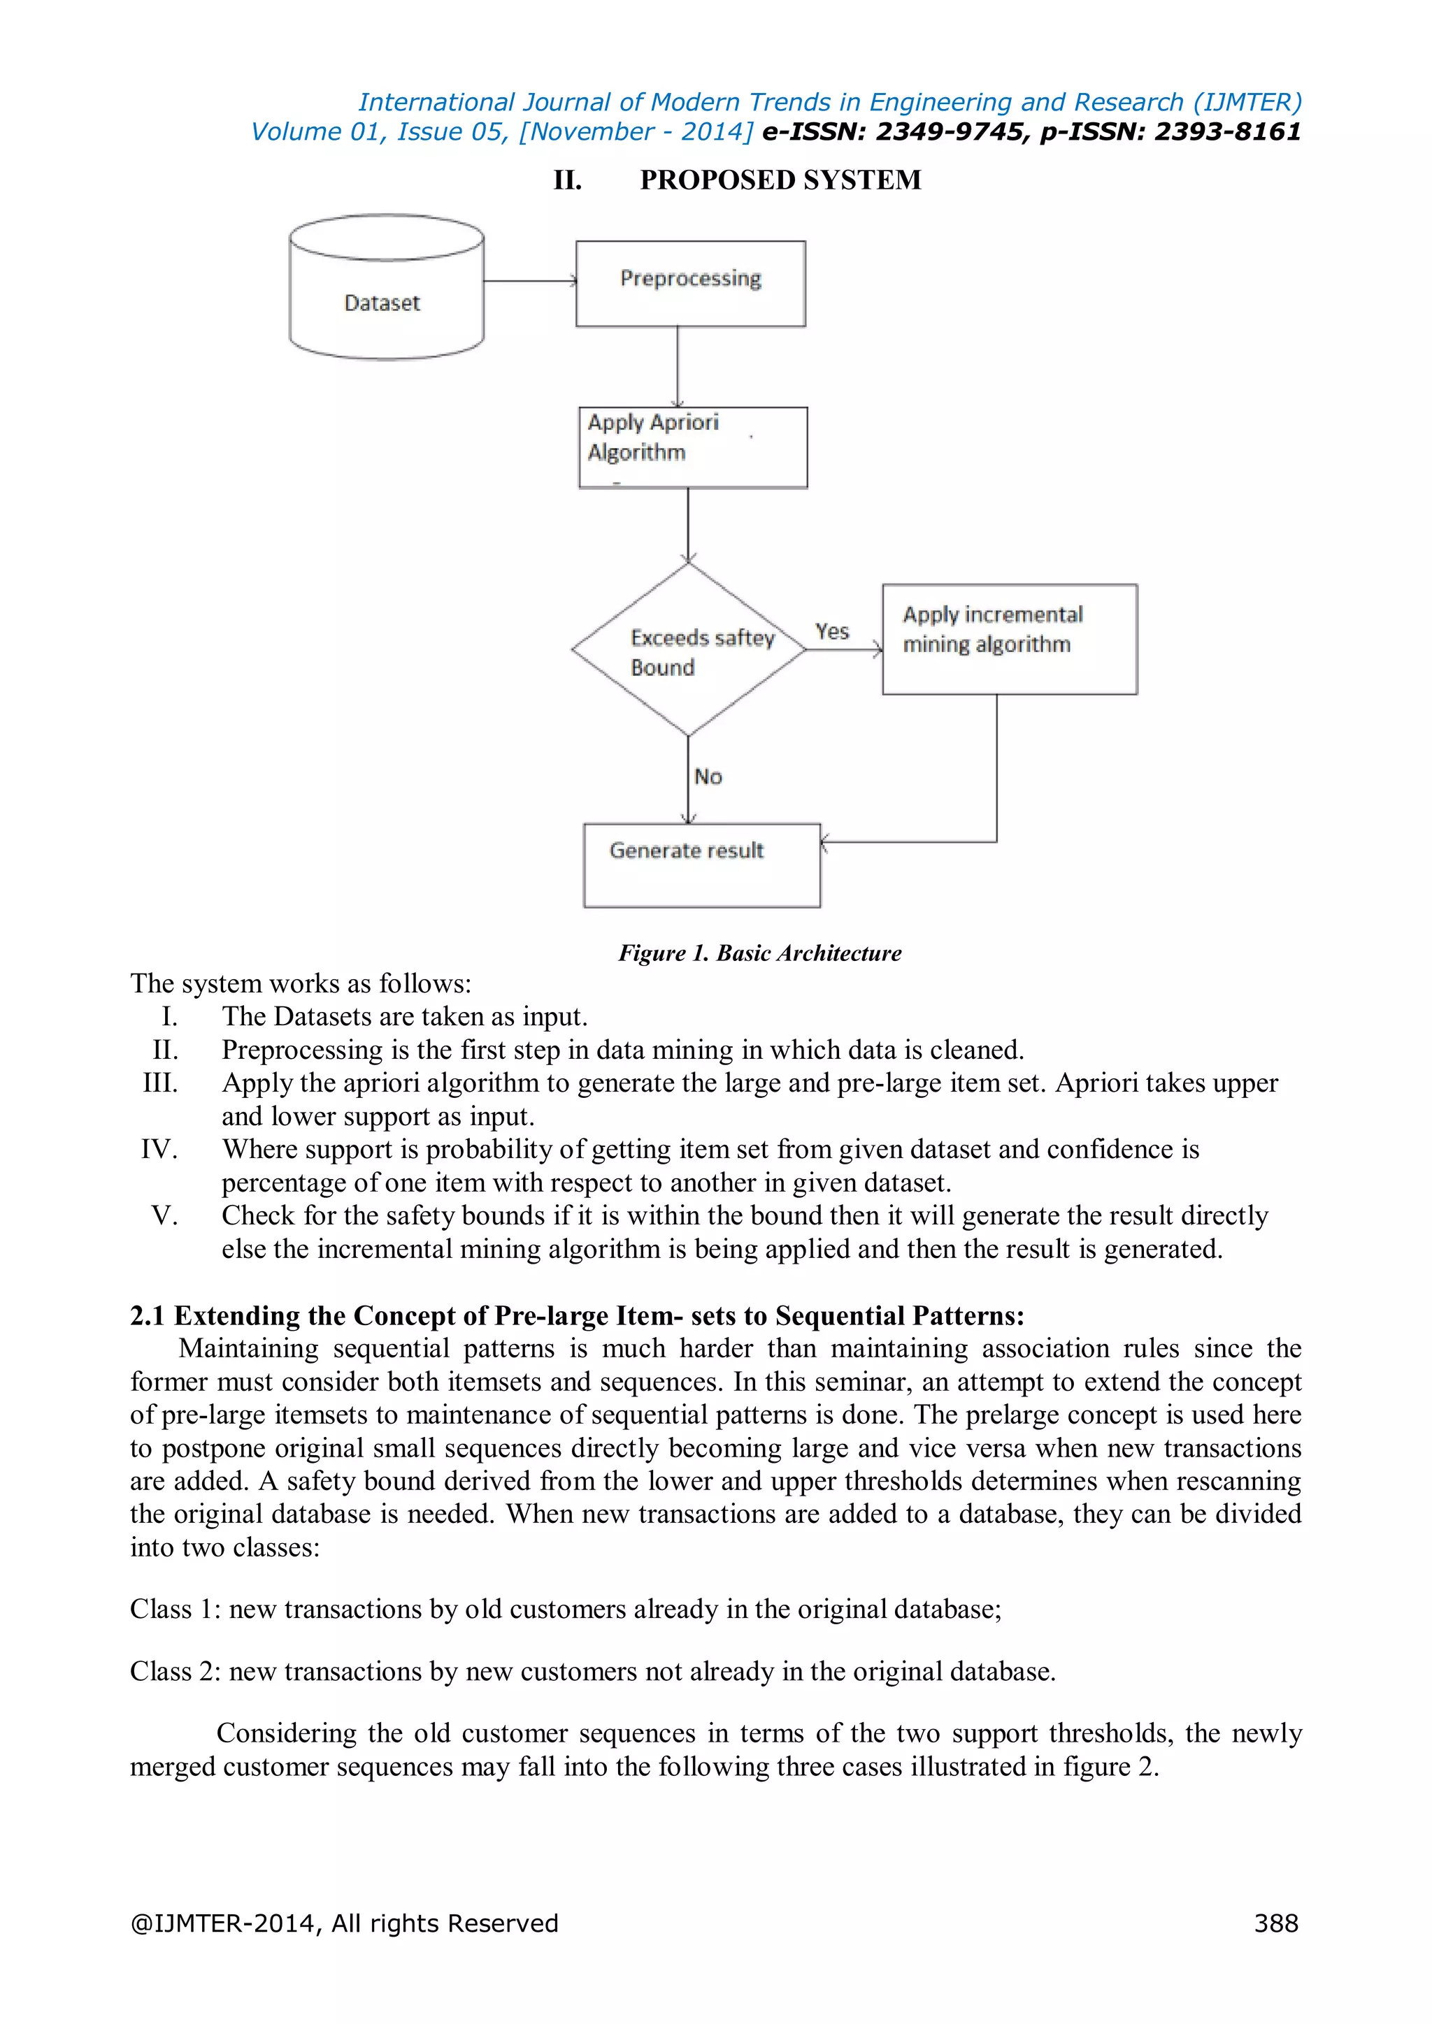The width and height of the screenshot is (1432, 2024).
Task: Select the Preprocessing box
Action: pyautogui.click(x=690, y=283)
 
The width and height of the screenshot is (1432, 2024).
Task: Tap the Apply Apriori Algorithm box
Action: pyautogui.click(x=692, y=447)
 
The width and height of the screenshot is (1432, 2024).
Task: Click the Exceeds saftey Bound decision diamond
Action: pyautogui.click(x=688, y=650)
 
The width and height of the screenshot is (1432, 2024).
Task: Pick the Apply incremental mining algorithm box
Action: pyautogui.click(x=1009, y=639)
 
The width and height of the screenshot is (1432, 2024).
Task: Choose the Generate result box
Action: pyautogui.click(x=701, y=865)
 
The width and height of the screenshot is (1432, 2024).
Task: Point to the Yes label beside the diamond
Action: pyautogui.click(x=831, y=631)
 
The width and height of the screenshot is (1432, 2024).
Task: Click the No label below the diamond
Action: pyautogui.click(x=708, y=776)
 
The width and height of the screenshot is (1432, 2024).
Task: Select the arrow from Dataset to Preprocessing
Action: pyautogui.click(x=529, y=281)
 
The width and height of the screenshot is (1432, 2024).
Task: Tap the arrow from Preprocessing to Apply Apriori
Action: pyautogui.click(x=678, y=366)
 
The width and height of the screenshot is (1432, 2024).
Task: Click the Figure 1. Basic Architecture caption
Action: pyautogui.click(x=759, y=953)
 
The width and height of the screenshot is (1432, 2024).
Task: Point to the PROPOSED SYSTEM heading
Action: pyautogui.click(x=780, y=180)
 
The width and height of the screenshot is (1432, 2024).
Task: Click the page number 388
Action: pyautogui.click(x=1276, y=1923)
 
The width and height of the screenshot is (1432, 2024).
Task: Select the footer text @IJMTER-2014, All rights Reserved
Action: pyautogui.click(x=344, y=1923)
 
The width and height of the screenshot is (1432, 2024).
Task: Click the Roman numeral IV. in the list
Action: pyautogui.click(x=159, y=1150)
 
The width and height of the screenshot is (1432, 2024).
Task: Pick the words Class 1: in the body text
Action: pyautogui.click(x=175, y=1609)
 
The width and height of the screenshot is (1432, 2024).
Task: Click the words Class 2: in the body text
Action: pyautogui.click(x=175, y=1670)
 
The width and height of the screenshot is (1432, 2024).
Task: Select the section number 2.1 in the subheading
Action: pyautogui.click(x=148, y=1315)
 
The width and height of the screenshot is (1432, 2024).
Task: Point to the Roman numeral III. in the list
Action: pyautogui.click(x=161, y=1083)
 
